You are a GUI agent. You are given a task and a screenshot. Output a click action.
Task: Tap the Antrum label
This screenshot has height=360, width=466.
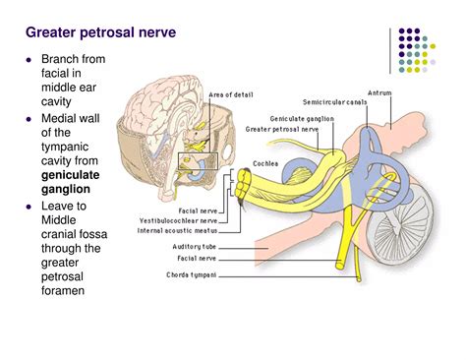[379, 94]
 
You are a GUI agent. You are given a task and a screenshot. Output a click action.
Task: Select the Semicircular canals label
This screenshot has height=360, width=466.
[333, 102]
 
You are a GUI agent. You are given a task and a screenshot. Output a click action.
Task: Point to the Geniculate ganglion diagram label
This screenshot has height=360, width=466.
[302, 118]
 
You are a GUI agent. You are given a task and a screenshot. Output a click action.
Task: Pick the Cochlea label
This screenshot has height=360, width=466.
[264, 164]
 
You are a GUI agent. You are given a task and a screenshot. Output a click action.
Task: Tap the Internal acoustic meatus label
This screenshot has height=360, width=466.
[178, 231]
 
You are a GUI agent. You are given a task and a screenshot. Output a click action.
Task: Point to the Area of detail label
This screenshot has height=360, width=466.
[231, 94]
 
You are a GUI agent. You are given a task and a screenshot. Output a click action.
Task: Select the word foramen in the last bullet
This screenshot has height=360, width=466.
[64, 290]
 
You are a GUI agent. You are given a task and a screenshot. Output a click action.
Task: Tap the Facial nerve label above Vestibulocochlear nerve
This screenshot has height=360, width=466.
[198, 210]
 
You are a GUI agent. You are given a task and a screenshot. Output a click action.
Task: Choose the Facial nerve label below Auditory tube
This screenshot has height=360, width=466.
[198, 258]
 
